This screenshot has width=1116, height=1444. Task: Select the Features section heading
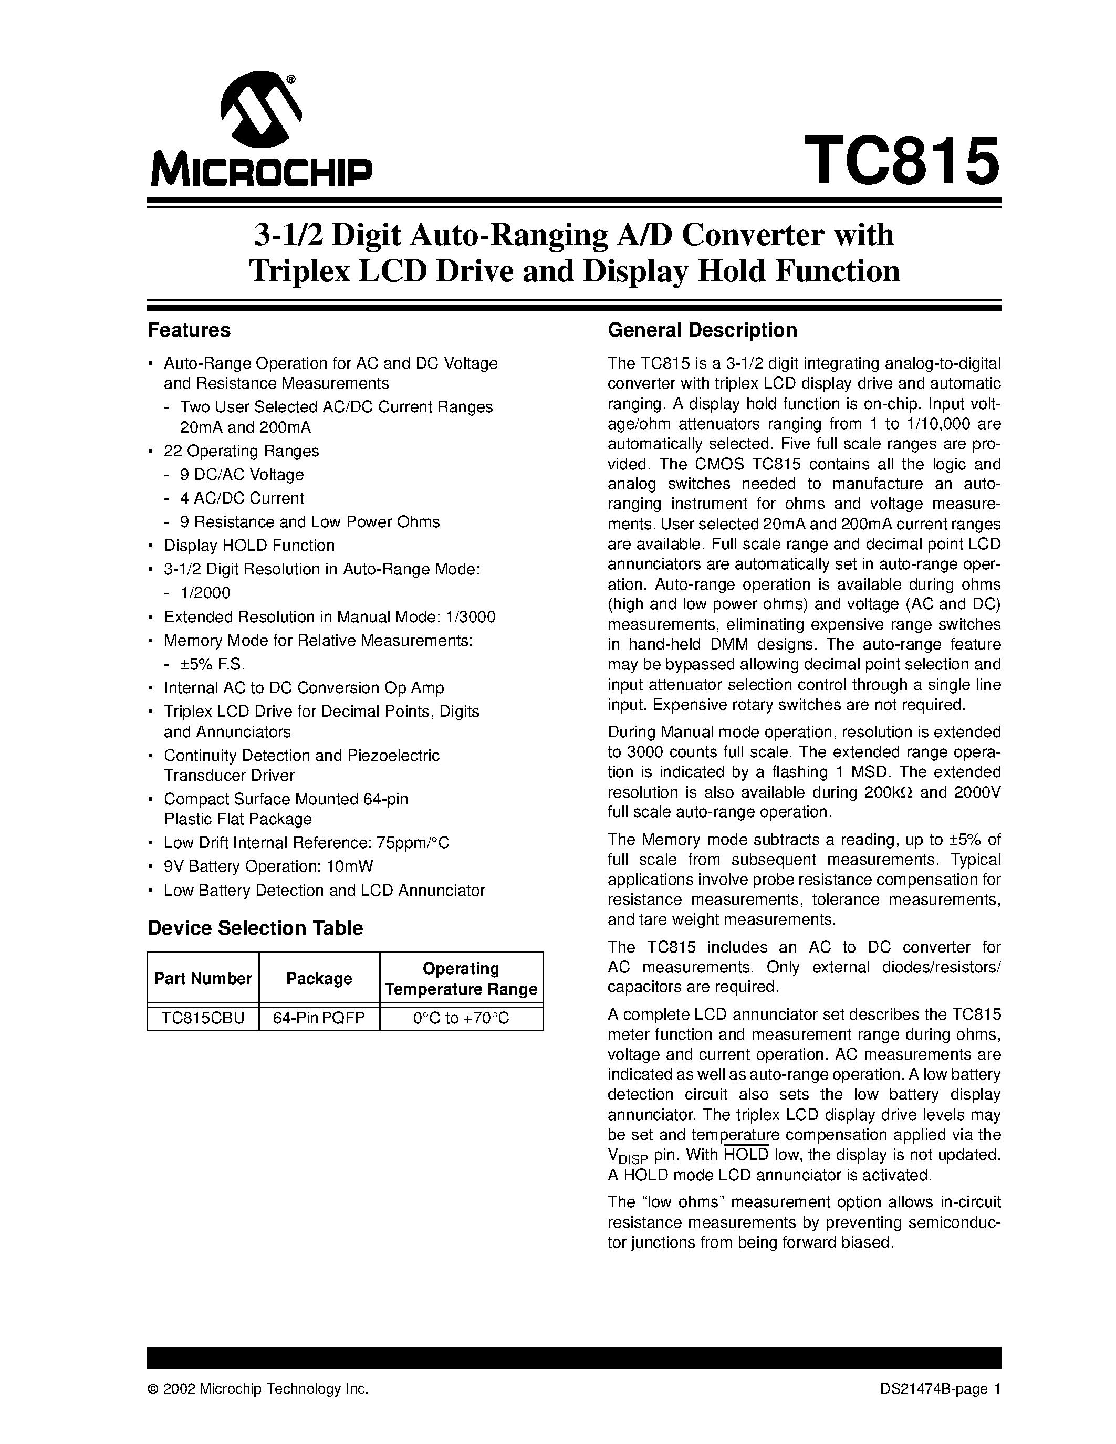click(x=189, y=330)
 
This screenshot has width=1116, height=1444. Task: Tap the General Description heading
click(x=702, y=330)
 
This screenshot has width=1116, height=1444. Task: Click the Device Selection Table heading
click(x=255, y=928)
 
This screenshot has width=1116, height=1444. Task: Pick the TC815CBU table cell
click(x=203, y=1018)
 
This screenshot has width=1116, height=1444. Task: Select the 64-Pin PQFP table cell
click(x=319, y=1018)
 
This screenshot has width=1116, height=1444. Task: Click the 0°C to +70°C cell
click(x=461, y=1018)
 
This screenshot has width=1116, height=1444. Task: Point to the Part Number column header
click(x=202, y=979)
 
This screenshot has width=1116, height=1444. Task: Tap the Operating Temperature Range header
click(x=461, y=979)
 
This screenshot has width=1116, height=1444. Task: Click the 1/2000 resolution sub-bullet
click(x=206, y=592)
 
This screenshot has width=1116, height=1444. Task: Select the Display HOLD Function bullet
click(x=249, y=546)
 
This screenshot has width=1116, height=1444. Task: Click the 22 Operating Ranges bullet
click(x=241, y=451)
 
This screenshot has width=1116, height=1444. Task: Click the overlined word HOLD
click(x=746, y=1154)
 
